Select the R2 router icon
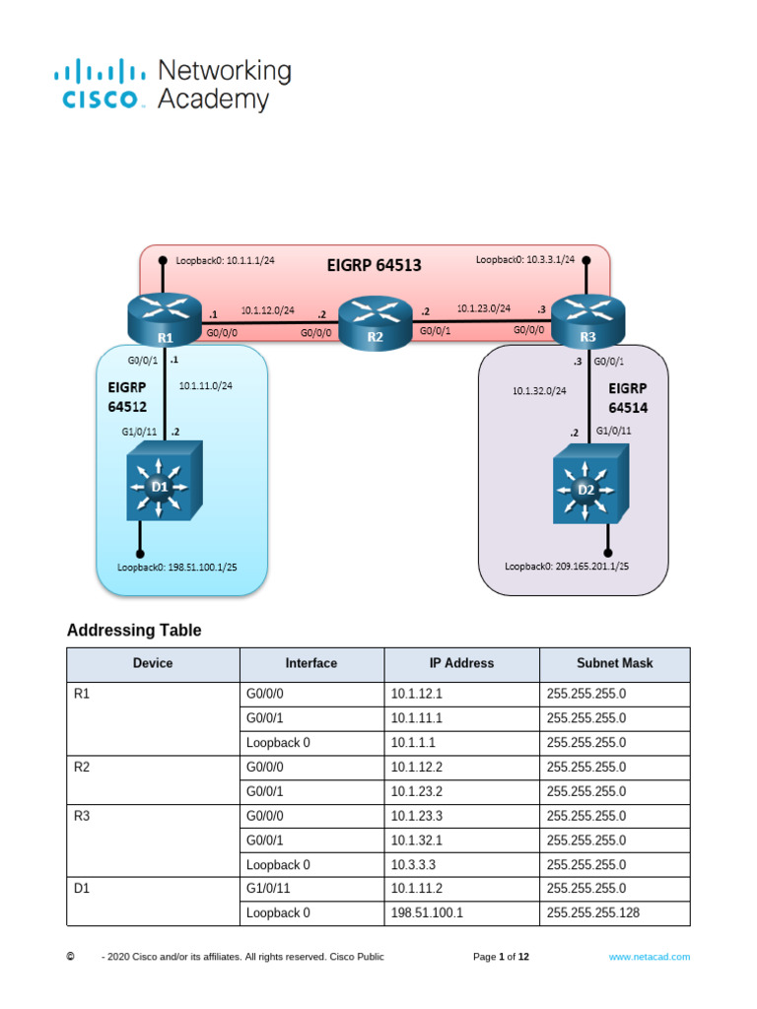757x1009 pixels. coord(375,321)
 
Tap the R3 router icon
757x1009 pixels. coord(587,316)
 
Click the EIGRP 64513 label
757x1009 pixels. coord(374,264)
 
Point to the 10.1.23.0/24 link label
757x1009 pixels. coord(483,307)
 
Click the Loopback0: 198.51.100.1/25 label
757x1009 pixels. coord(176,568)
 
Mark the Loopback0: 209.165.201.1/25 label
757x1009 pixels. coord(567,566)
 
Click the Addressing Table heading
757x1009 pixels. coord(133,630)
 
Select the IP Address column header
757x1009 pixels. coord(461,663)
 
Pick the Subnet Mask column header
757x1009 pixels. coord(614,663)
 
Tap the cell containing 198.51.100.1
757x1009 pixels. coord(427,913)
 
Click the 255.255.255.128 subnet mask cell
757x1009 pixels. coord(592,913)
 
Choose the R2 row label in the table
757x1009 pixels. coord(83,767)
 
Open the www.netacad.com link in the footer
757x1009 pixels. coord(649,957)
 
